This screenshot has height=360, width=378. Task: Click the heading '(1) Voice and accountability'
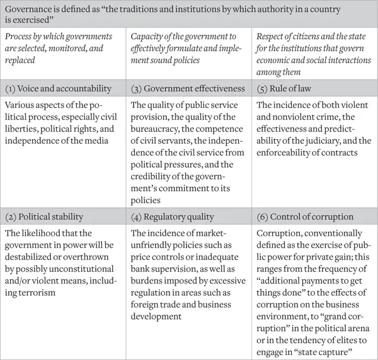click(x=59, y=90)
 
